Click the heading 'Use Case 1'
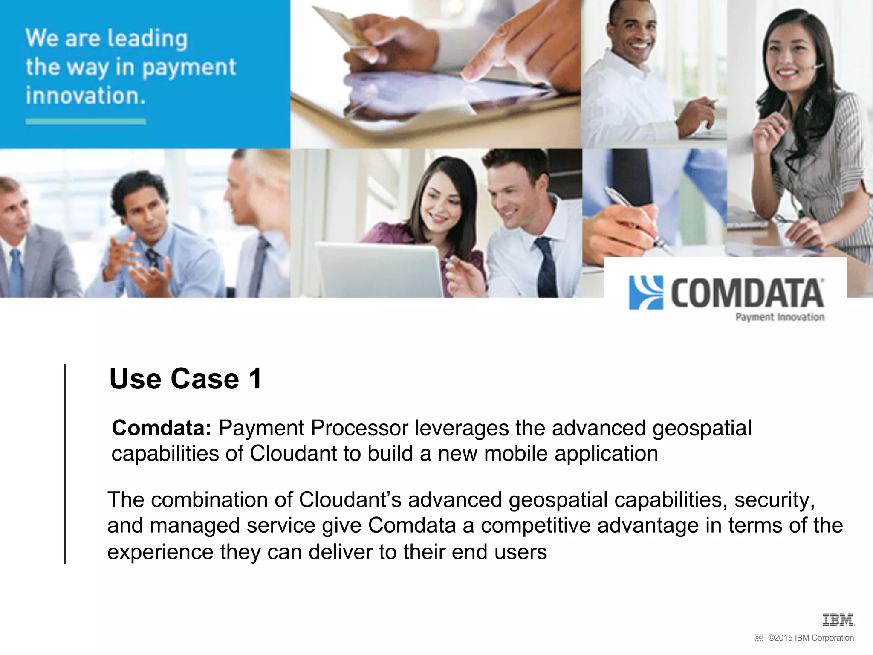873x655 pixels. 185,379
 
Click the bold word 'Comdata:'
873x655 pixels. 162,428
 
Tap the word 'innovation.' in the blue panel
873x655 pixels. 85,96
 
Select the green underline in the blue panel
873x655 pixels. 85,122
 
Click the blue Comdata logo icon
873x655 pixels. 646,293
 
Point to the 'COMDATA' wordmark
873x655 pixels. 747,293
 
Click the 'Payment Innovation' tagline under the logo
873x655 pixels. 780,317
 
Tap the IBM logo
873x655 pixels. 838,620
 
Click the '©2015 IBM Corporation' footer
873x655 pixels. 810,638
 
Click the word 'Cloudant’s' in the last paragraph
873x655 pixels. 350,500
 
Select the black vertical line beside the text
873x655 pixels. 65,464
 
